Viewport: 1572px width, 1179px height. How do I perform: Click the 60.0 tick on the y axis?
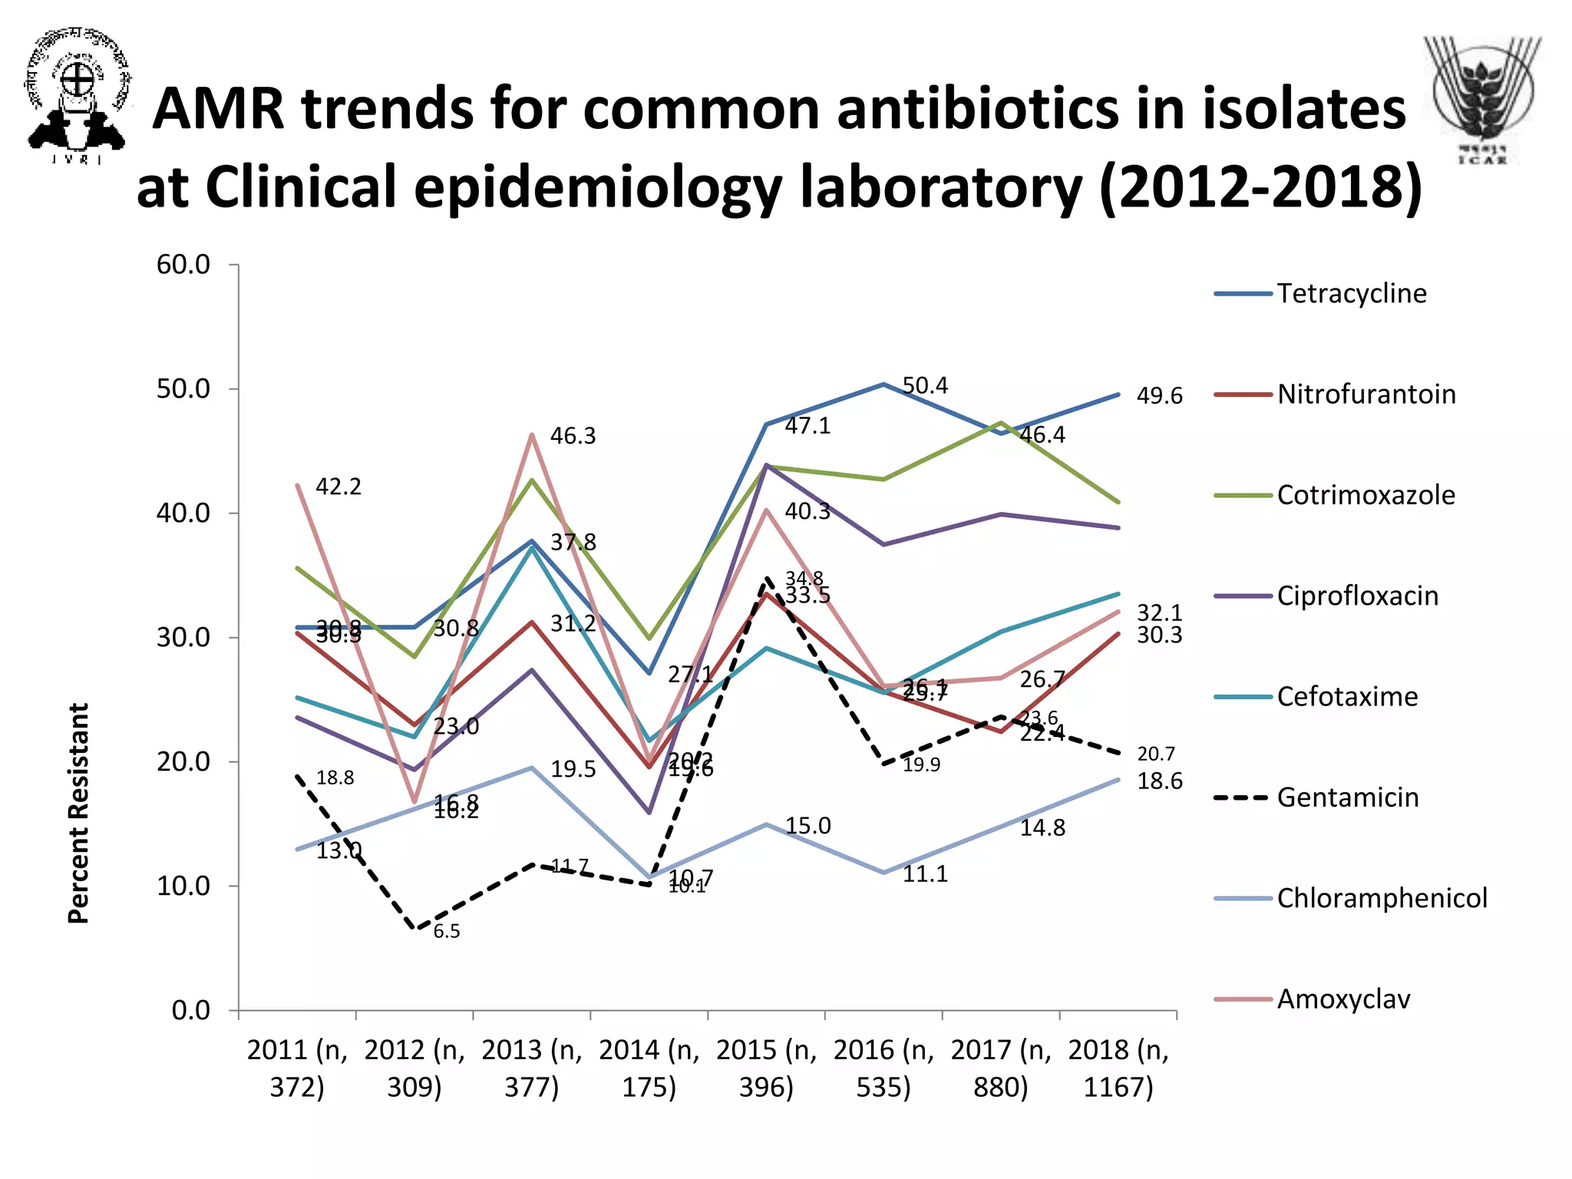183,265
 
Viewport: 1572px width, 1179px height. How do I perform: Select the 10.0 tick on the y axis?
183,886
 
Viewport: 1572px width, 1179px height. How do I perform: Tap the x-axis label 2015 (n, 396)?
766,1068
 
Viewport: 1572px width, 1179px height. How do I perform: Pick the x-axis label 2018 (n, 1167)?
1118,1068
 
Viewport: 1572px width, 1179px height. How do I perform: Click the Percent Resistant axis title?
78,813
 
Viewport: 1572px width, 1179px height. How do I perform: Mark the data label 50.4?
925,385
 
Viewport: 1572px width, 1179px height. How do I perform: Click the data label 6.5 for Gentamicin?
447,931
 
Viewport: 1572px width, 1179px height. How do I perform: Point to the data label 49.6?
1160,396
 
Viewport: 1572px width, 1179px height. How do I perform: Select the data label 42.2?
339,487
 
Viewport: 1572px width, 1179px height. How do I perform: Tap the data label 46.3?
573,436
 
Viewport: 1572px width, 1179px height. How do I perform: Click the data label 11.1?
925,874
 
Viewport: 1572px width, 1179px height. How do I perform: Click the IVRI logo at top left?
76,95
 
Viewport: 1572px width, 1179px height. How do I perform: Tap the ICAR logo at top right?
1482,100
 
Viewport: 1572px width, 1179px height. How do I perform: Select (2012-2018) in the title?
1260,187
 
